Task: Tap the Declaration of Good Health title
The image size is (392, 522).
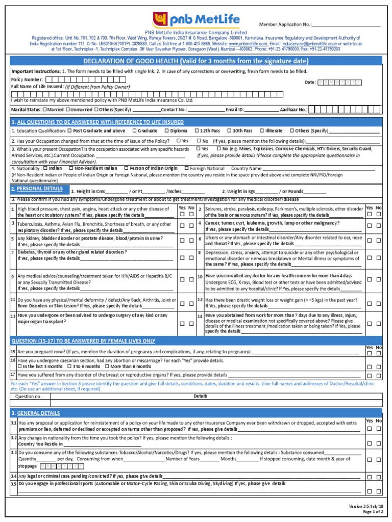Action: [x=195, y=62]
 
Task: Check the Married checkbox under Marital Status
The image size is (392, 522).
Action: [x=45, y=109]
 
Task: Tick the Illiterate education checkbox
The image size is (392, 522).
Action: [x=262, y=130]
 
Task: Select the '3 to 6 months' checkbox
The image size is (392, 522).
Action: [x=68, y=367]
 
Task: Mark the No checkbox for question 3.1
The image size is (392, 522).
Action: [x=379, y=429]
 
